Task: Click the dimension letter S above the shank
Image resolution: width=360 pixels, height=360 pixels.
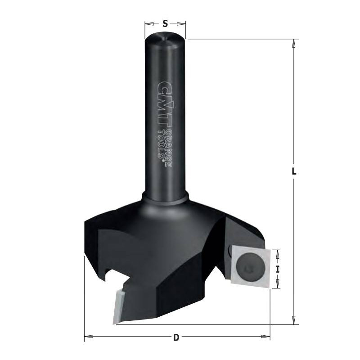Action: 165,23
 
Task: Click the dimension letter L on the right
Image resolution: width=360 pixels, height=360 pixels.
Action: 294,171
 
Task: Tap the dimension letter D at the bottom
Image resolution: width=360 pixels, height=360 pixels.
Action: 176,338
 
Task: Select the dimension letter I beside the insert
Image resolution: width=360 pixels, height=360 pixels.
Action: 278,269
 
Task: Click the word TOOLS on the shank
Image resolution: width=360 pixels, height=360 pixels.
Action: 162,145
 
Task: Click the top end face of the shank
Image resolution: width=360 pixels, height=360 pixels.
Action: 165,39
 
